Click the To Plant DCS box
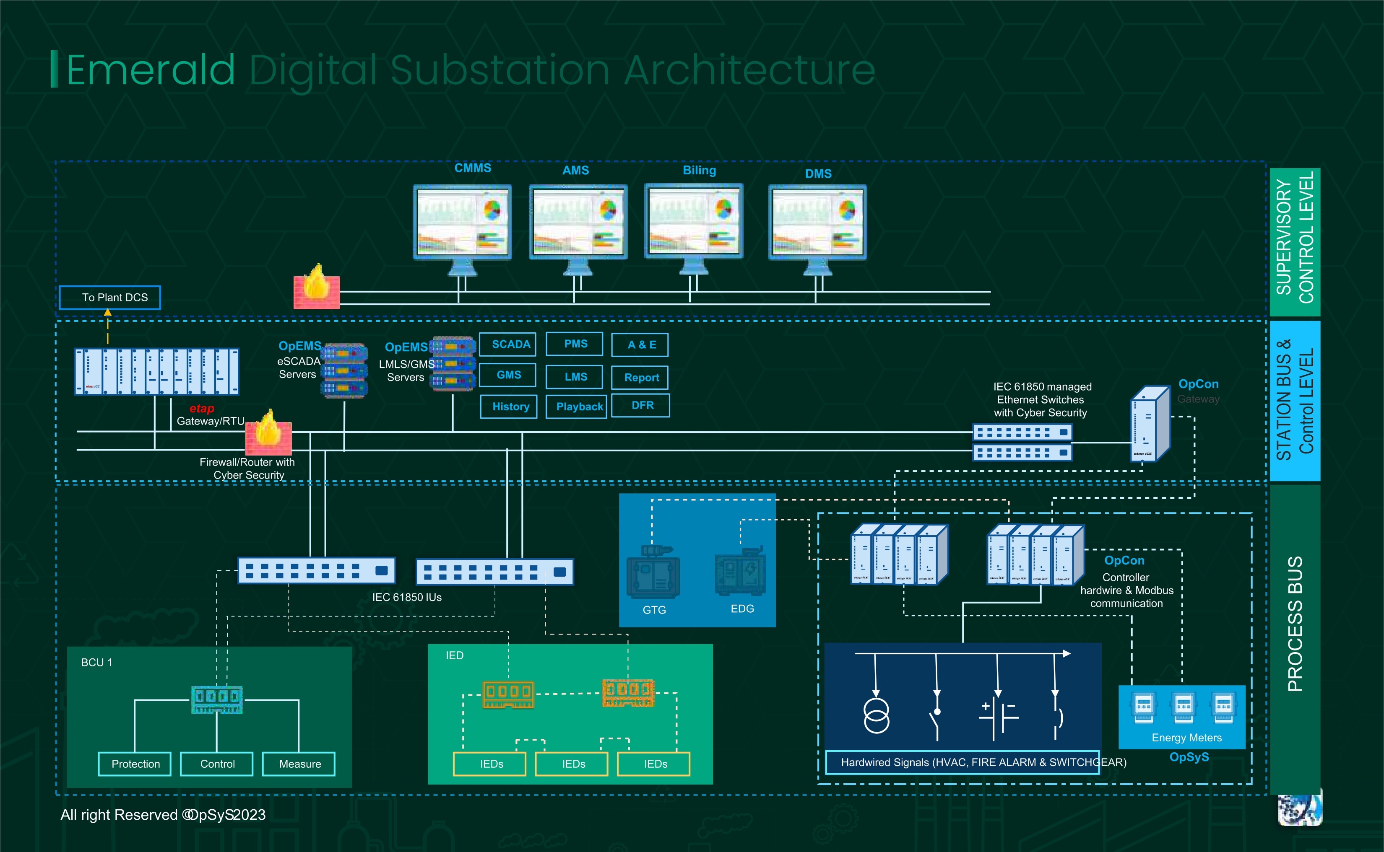click(x=110, y=298)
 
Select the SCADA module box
click(x=507, y=344)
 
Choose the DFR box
click(x=640, y=406)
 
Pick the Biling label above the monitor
click(x=699, y=170)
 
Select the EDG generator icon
click(x=740, y=571)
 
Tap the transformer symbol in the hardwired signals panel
click(x=877, y=716)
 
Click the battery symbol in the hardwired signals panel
click(x=997, y=717)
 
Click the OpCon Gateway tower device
click(x=1150, y=424)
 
